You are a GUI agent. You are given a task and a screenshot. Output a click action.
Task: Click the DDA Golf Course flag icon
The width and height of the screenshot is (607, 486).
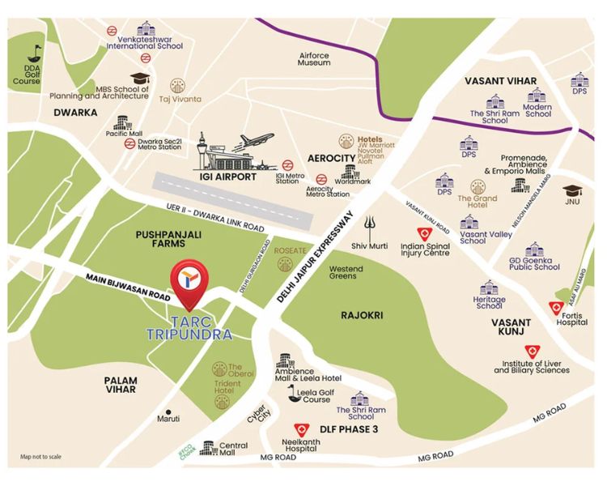click(33, 54)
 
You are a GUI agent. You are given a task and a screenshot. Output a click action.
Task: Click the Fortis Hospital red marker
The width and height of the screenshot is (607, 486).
click(555, 308)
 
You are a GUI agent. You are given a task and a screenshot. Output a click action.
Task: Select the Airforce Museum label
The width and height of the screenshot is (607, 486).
click(313, 58)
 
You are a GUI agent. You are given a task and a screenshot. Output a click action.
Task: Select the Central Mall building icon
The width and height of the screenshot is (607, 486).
click(207, 447)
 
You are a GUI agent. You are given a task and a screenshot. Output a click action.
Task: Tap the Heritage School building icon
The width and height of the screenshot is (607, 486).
click(488, 288)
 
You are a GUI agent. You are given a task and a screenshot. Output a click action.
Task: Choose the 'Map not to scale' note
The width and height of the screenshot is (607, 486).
click(40, 456)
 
